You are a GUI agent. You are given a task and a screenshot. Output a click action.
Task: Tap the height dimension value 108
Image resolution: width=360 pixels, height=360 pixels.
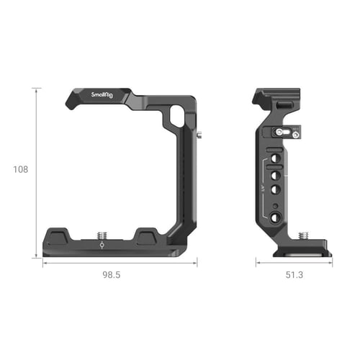click(x=20, y=170)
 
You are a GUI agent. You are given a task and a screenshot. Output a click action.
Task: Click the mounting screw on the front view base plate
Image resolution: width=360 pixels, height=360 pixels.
click(x=101, y=233)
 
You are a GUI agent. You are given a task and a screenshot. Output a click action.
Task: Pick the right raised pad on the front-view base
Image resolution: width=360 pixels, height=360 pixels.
click(x=146, y=235)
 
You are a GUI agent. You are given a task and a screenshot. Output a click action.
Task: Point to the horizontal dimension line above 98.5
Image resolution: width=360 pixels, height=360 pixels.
click(x=120, y=263)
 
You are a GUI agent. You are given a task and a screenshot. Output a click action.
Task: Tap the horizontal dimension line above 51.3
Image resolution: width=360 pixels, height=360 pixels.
click(x=293, y=263)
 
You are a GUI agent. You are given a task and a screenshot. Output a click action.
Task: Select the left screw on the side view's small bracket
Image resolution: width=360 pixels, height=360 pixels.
click(x=276, y=132)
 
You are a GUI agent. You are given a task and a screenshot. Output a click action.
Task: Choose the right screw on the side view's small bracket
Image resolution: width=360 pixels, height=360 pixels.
click(x=294, y=133)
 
